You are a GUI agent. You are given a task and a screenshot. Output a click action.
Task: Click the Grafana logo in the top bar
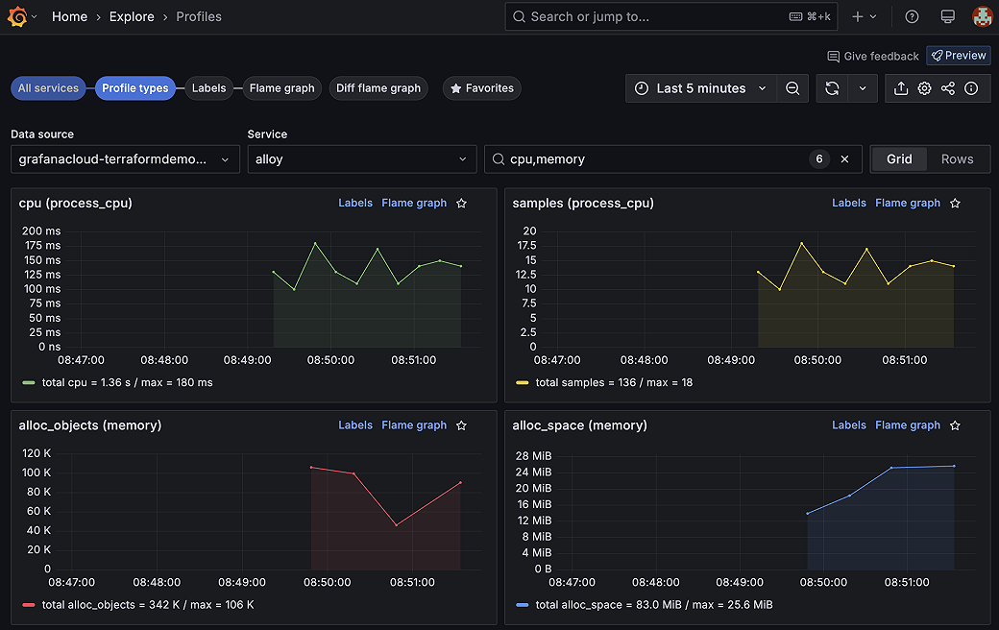point(16,16)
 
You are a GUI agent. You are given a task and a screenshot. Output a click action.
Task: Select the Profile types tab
point(135,88)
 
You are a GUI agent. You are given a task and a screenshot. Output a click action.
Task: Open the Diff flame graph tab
point(378,88)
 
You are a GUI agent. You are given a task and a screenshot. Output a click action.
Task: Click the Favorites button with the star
point(481,88)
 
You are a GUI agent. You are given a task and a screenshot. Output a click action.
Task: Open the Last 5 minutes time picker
point(701,88)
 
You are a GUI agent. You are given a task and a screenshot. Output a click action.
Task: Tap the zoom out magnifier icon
point(792,88)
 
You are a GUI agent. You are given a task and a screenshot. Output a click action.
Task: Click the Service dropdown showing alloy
point(361,159)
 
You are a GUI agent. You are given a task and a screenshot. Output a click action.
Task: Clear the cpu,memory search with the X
point(845,159)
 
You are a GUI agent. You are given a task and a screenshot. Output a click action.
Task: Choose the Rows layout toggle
point(957,159)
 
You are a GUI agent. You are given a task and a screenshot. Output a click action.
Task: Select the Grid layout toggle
point(899,159)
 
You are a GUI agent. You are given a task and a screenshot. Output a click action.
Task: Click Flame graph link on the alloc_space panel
point(908,425)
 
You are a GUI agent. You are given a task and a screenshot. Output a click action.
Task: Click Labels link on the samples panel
point(849,203)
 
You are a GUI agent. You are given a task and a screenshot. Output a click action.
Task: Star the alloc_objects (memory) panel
point(461,425)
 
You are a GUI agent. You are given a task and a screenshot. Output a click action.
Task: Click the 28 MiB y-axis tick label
point(534,455)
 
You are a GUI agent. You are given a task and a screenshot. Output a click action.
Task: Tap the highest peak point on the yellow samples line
point(801,243)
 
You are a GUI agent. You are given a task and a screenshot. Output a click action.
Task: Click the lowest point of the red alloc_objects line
point(396,524)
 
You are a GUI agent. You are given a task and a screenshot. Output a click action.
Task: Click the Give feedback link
point(873,57)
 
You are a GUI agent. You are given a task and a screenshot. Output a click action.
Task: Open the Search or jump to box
point(670,16)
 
